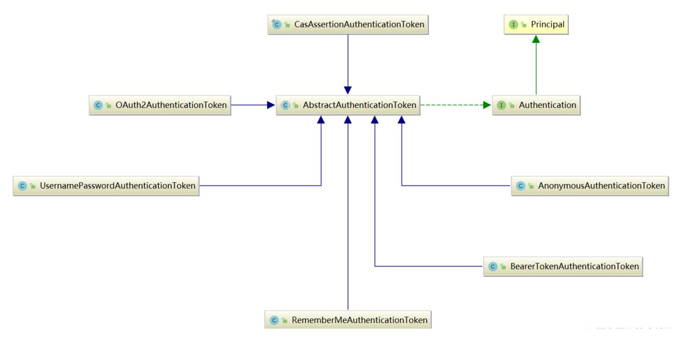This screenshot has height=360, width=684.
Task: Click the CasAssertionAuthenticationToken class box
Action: (x=348, y=25)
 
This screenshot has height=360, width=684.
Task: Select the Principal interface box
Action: (x=536, y=25)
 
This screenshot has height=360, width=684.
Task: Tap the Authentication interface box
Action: (x=536, y=105)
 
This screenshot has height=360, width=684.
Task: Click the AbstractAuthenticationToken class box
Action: (x=348, y=105)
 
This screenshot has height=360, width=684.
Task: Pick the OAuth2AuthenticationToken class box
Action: (x=160, y=105)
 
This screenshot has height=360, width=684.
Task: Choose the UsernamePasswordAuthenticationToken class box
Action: (x=106, y=186)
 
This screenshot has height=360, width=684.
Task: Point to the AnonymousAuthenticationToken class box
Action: (x=590, y=186)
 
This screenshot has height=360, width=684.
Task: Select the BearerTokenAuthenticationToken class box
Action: (x=563, y=266)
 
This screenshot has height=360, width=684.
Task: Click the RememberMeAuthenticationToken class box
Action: (x=348, y=320)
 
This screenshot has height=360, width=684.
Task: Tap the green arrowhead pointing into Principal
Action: (x=536, y=40)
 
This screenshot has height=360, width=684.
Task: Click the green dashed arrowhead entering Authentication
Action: (x=487, y=105)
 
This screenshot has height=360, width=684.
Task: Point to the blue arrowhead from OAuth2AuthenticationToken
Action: (x=271, y=105)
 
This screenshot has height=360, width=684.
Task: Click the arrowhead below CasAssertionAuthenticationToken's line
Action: (x=348, y=90)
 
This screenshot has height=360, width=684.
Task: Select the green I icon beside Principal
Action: (x=513, y=25)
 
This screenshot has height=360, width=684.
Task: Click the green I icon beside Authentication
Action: (x=501, y=105)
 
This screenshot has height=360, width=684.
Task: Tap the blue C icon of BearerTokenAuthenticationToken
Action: (x=492, y=266)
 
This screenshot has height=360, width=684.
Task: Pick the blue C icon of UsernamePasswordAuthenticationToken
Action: (x=22, y=186)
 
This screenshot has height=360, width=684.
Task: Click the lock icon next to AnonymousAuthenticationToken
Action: (x=531, y=186)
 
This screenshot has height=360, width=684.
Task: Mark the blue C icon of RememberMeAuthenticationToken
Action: (x=274, y=320)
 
